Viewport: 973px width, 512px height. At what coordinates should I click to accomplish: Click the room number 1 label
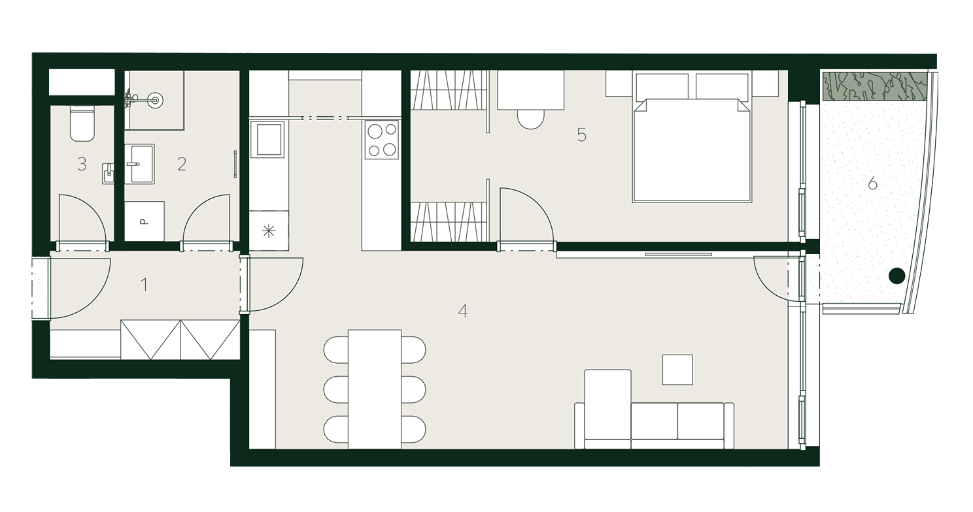click(x=145, y=285)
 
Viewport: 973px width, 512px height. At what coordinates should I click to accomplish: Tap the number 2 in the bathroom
click(x=182, y=164)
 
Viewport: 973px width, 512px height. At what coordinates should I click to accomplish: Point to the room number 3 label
click(x=82, y=164)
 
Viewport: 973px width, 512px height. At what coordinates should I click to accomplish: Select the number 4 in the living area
click(x=462, y=311)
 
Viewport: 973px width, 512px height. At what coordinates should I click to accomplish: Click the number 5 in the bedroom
click(x=581, y=135)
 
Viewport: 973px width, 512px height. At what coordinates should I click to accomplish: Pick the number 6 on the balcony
click(x=872, y=184)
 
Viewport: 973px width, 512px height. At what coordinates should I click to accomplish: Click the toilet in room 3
click(x=82, y=123)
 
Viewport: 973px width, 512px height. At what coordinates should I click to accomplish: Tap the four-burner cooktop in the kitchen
click(x=382, y=140)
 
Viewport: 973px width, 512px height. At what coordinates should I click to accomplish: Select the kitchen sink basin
click(x=269, y=139)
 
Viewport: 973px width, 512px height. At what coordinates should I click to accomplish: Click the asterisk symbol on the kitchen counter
click(x=269, y=231)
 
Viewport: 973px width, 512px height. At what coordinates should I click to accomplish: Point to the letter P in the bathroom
click(x=145, y=221)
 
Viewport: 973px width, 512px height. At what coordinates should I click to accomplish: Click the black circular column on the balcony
click(x=896, y=276)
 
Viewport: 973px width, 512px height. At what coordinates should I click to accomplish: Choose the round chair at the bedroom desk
click(x=530, y=119)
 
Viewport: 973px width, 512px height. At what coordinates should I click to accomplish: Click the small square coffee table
click(x=677, y=370)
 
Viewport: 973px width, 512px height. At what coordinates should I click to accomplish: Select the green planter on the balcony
click(x=875, y=86)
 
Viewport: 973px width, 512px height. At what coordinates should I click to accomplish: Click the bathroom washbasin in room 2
click(x=139, y=164)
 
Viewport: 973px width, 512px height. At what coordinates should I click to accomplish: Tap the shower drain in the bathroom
click(x=155, y=101)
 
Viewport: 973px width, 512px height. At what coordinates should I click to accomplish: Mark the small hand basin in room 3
click(x=108, y=173)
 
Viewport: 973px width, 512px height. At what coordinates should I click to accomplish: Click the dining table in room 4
click(x=375, y=389)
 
